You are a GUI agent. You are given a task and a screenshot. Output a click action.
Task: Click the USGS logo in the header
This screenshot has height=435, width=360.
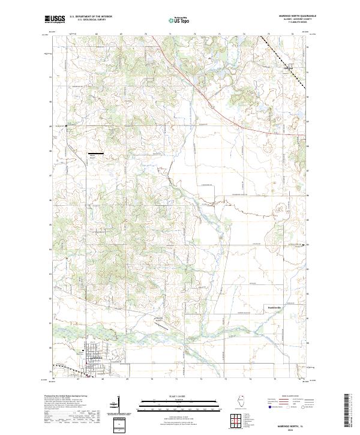coord(55,19)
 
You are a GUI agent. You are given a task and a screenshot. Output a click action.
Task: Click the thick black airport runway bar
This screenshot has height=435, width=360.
coord(95,154)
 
